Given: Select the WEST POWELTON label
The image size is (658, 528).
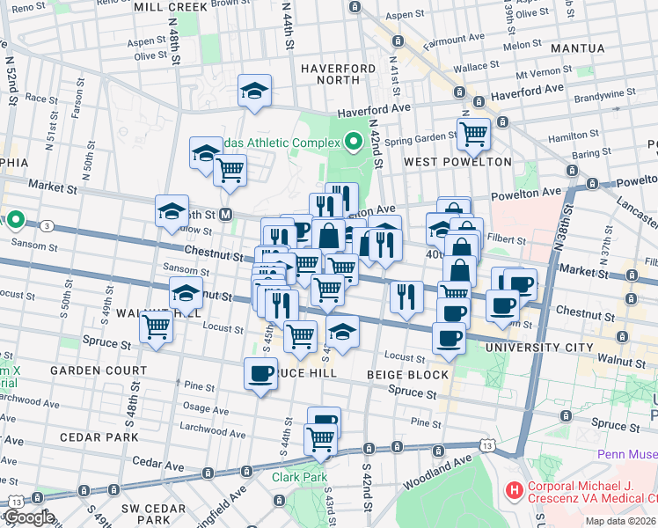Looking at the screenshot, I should point(457,162).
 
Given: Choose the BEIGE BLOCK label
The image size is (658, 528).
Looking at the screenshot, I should point(403,375).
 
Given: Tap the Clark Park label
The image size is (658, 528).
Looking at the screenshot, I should point(299,477).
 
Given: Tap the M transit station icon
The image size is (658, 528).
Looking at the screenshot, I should point(226,214).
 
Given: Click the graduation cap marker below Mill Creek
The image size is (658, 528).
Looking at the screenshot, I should point(254,91).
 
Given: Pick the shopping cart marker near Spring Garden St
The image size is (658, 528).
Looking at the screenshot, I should point(473,133).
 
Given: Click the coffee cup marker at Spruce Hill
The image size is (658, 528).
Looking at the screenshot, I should point(260,373).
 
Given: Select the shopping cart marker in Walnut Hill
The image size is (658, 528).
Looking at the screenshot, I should point(157,326).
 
